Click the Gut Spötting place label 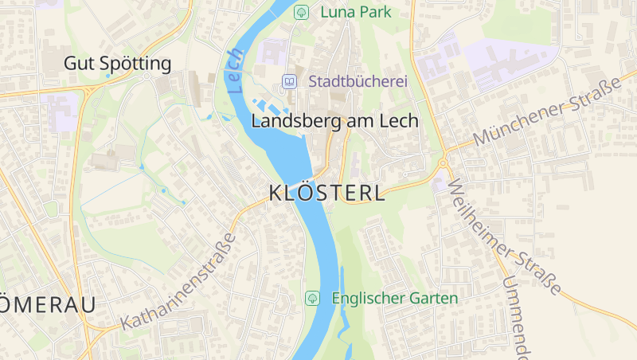(x=117, y=63)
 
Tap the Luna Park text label (x=354, y=12)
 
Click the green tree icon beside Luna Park (x=301, y=12)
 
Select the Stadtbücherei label (x=358, y=81)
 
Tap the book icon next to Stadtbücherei (x=289, y=81)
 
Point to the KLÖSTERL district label (x=326, y=193)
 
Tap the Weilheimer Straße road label (x=505, y=237)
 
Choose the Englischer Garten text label (x=394, y=299)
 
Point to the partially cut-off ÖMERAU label (x=48, y=304)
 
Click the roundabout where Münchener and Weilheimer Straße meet (x=443, y=164)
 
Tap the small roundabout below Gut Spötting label (x=148, y=76)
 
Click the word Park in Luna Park (x=377, y=12)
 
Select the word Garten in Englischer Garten (x=434, y=299)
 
